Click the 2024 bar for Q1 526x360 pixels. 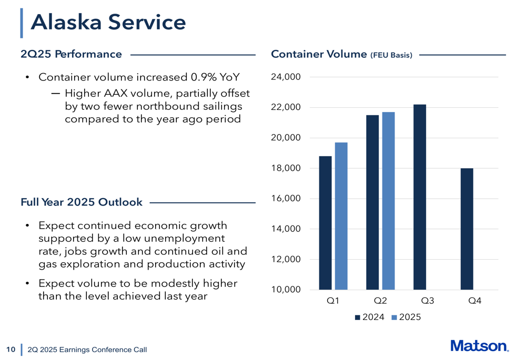point(325,223)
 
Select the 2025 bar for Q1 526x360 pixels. point(341,216)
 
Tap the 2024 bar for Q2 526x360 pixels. point(372,202)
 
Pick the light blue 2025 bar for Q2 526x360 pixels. point(388,201)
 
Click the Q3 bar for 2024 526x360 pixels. point(420,197)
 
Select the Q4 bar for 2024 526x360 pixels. point(467,229)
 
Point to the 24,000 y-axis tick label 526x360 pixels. point(286,77)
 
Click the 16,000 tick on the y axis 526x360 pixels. point(286,199)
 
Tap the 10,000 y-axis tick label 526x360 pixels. point(286,290)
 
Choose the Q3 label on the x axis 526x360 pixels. point(428,301)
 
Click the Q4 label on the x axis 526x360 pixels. point(474,301)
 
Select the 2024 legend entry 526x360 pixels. point(369,317)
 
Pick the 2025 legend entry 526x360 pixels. point(406,317)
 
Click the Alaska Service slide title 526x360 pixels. point(108,22)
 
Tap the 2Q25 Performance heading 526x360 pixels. point(71,54)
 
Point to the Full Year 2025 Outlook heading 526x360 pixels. point(82,202)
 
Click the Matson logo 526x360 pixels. point(479,346)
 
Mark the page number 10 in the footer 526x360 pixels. point(9,349)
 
